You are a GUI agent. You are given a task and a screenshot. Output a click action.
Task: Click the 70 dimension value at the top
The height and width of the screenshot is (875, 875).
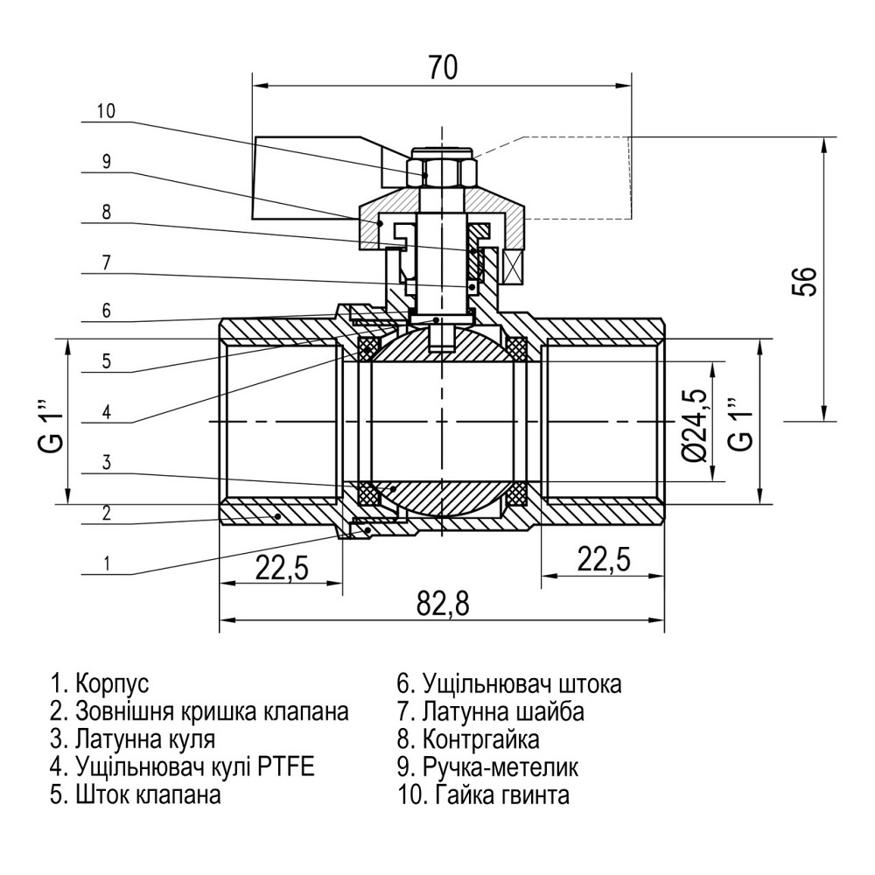(x=443, y=67)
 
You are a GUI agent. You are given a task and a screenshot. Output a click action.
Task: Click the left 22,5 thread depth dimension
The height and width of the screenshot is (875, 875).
(x=282, y=567)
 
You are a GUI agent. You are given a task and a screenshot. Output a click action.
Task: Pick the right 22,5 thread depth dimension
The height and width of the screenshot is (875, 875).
(x=602, y=561)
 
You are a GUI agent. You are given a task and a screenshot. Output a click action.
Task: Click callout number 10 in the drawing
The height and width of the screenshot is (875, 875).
(x=106, y=111)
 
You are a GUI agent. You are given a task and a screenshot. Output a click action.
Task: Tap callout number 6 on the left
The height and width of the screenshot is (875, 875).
(x=106, y=310)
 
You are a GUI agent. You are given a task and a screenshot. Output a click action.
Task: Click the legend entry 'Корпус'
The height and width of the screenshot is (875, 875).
(x=101, y=682)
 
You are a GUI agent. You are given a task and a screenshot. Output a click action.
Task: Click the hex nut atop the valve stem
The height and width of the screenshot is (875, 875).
(x=442, y=170)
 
